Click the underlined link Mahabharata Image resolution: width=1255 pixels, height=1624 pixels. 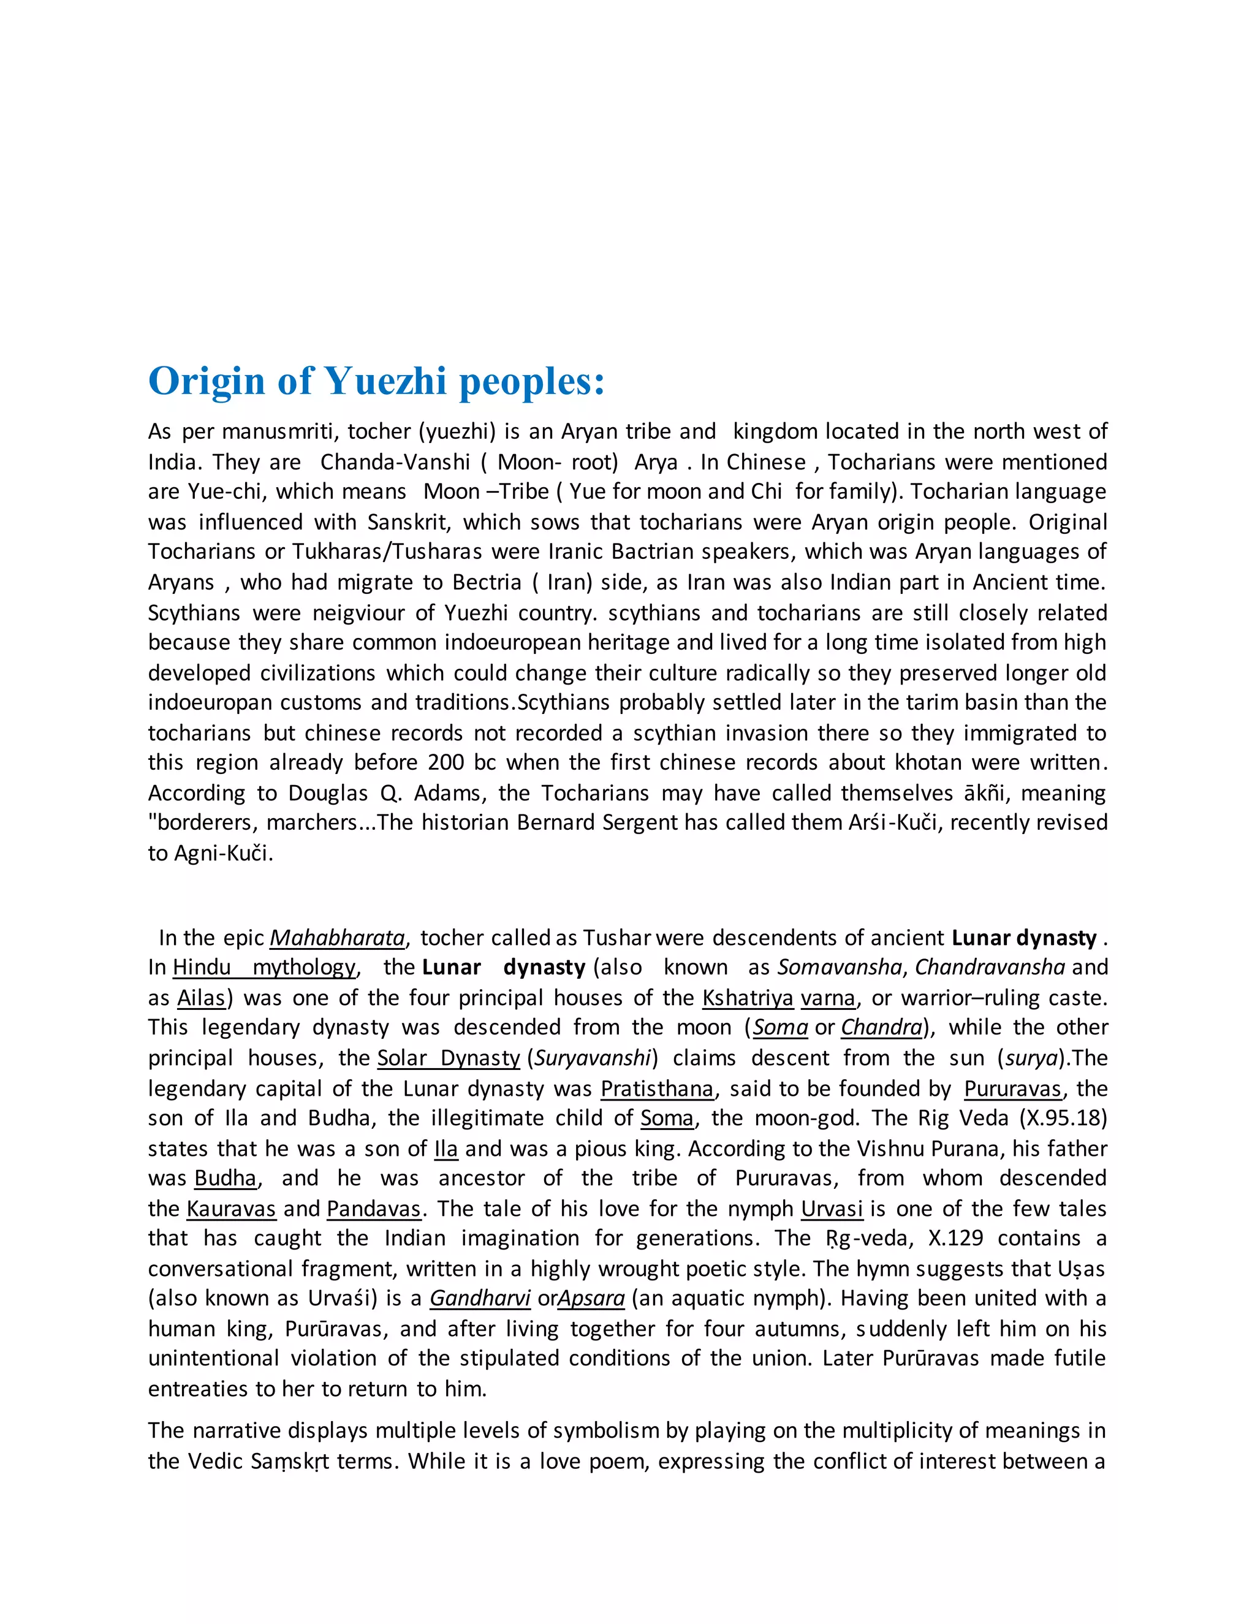(x=337, y=938)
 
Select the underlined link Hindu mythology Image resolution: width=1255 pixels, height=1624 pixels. (x=264, y=968)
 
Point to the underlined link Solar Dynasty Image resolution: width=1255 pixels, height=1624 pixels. (x=449, y=1058)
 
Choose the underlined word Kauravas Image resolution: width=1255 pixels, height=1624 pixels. (x=231, y=1209)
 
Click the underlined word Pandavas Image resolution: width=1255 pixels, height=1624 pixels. (x=374, y=1209)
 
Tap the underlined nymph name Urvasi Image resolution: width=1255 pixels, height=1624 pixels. (x=831, y=1209)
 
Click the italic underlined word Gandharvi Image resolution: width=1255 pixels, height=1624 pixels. (x=480, y=1299)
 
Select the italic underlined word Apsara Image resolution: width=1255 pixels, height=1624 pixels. (x=591, y=1299)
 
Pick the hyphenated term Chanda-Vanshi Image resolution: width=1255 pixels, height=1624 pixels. (x=395, y=462)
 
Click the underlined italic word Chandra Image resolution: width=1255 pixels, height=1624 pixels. (x=881, y=1028)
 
